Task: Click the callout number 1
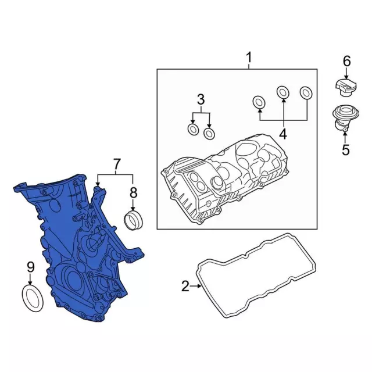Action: pos(249,58)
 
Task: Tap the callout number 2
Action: pos(185,286)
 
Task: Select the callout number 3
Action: pos(201,99)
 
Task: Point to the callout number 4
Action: pos(283,134)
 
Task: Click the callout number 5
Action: pos(345,150)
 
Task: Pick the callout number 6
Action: pos(346,62)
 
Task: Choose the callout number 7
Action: pos(116,164)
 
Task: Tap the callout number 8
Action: pos(133,192)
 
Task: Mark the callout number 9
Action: pos(30,267)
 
